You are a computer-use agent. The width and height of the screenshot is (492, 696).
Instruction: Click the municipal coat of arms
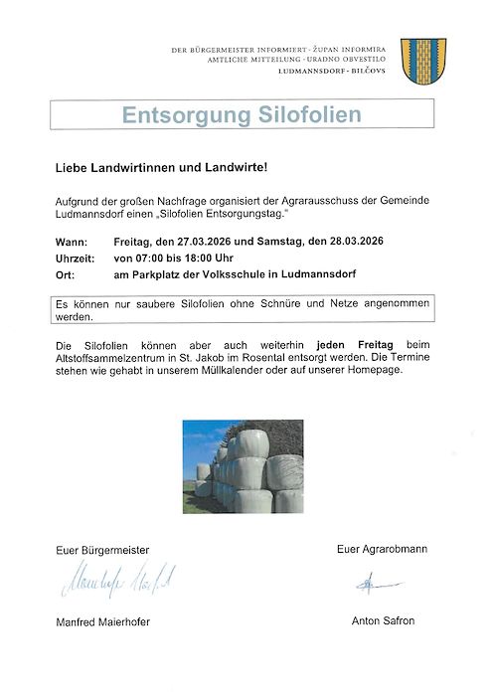pyautogui.click(x=421, y=60)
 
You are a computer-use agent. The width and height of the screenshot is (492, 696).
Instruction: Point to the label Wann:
pyautogui.click(x=71, y=242)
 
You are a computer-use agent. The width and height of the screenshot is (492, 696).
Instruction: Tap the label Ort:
pyautogui.click(x=65, y=273)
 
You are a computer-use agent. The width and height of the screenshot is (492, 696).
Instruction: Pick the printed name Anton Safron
pyautogui.click(x=383, y=620)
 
